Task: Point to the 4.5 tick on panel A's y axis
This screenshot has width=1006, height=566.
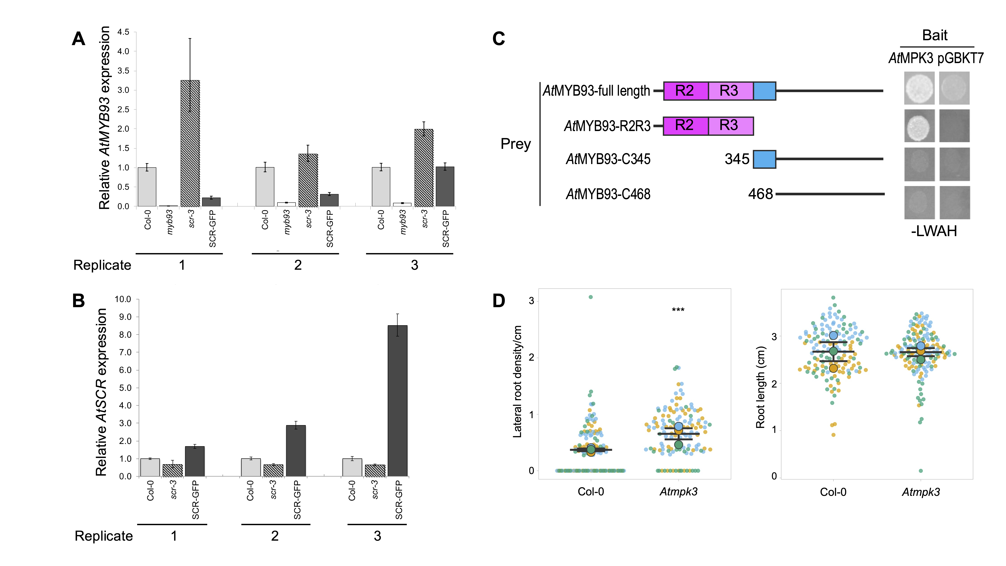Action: point(123,32)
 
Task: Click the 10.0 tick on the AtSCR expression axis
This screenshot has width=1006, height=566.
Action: point(123,299)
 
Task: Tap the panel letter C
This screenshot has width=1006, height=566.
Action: point(499,39)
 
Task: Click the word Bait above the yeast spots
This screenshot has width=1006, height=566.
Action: point(935,35)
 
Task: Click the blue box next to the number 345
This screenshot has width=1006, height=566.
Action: point(764,159)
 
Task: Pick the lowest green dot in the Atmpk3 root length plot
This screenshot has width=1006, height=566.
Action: point(921,471)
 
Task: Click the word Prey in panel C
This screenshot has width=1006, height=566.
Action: point(516,144)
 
